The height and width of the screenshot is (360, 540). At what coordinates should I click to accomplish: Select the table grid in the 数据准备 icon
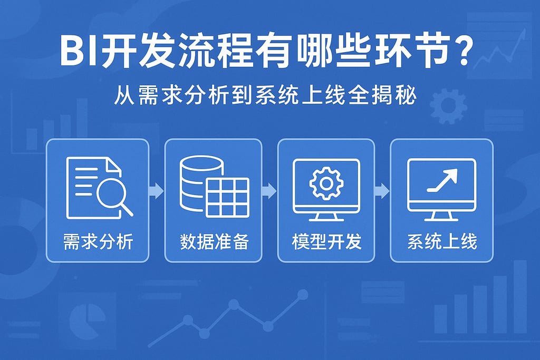tap(228, 196)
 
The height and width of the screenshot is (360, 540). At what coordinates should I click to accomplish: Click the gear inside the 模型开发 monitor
tap(326, 183)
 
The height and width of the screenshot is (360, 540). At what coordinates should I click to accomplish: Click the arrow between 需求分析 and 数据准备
tap(157, 191)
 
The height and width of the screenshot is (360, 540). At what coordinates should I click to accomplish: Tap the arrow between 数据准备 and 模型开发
tap(269, 191)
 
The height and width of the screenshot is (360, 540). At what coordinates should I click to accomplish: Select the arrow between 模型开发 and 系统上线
tap(382, 191)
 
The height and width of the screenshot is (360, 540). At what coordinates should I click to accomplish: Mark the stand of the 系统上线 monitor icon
tap(442, 216)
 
